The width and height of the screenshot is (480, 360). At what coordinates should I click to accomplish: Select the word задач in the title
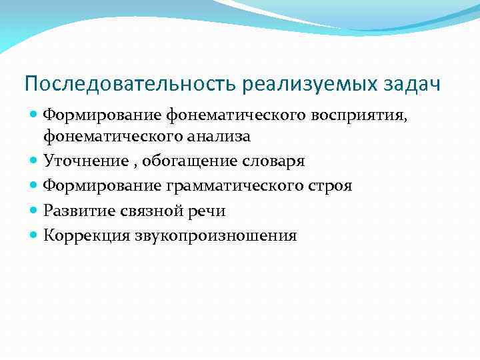coord(413,85)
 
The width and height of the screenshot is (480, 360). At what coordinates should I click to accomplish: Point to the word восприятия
coord(366,115)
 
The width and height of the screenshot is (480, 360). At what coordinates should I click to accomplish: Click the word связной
coord(146,211)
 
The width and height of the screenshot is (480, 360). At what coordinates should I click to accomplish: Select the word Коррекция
coord(83,235)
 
